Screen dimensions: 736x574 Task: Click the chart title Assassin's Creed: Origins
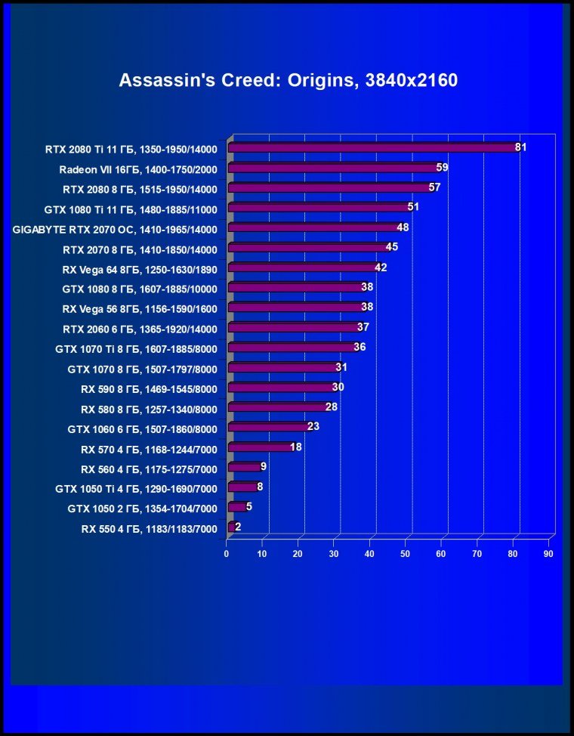pyautogui.click(x=288, y=81)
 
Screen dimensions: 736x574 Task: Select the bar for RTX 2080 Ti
pyautogui.click(x=370, y=147)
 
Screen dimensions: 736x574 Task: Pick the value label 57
pyautogui.click(x=434, y=187)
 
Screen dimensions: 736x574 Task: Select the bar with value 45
pyautogui.click(x=306, y=247)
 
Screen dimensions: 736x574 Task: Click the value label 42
pyautogui.click(x=381, y=267)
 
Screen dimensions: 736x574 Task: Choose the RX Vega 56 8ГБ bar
pyautogui.click(x=294, y=307)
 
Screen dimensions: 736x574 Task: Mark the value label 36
pyautogui.click(x=360, y=347)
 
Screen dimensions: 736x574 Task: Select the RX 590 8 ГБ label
pyautogui.click(x=149, y=389)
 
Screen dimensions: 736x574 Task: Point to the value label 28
pyautogui.click(x=331, y=407)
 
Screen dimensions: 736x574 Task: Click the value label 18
pyautogui.click(x=296, y=447)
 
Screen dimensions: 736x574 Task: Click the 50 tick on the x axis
pyautogui.click(x=406, y=555)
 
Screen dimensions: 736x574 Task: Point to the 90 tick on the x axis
pyautogui.click(x=548, y=555)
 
